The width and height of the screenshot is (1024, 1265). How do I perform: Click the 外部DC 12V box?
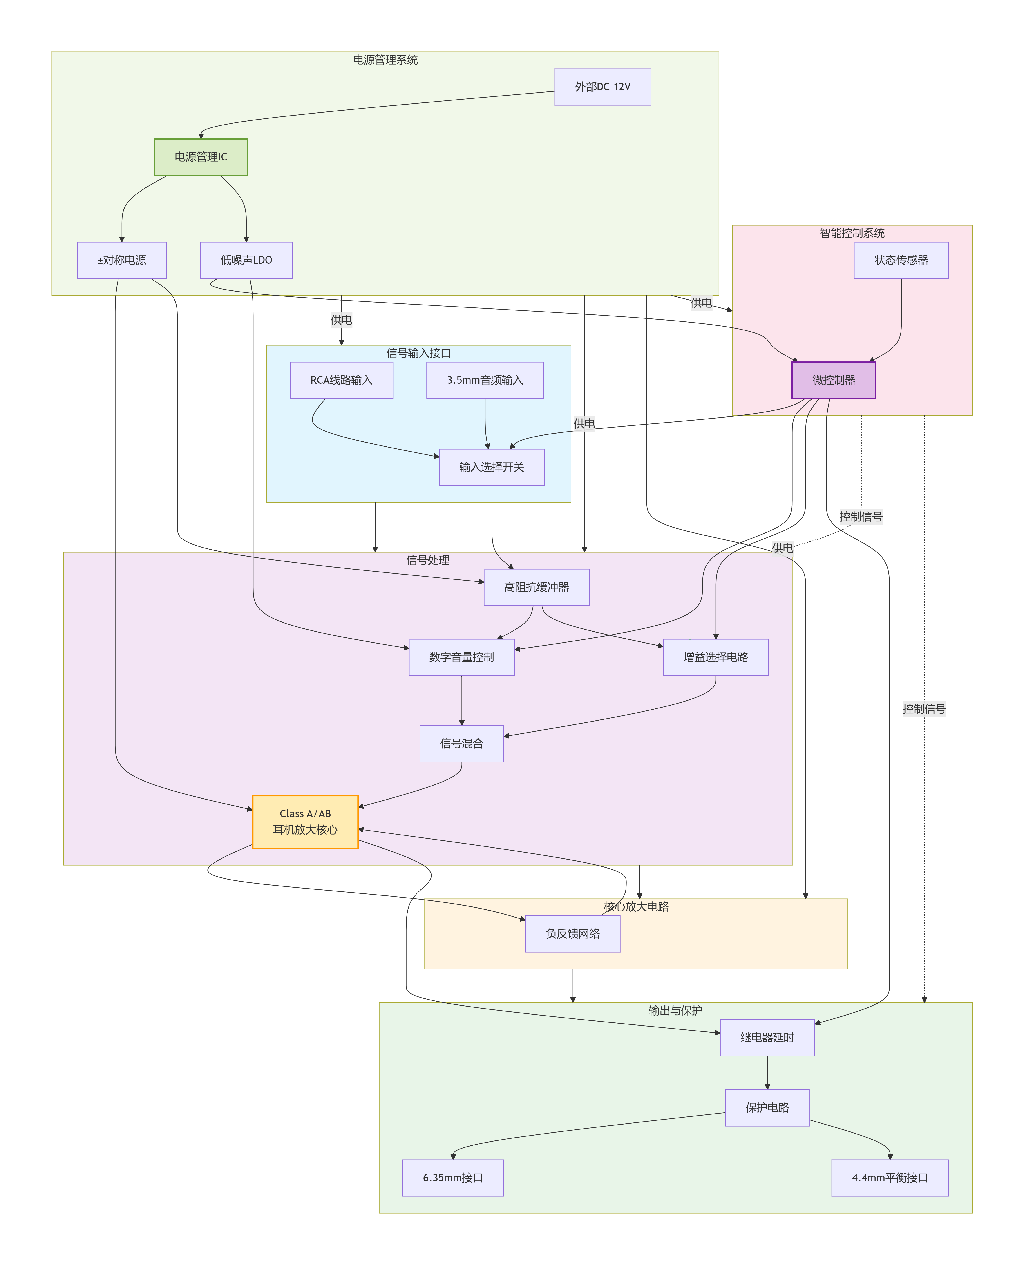click(x=602, y=87)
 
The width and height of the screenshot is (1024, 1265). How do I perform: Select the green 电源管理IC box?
click(x=201, y=157)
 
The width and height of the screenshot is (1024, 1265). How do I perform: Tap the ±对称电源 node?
click(x=121, y=260)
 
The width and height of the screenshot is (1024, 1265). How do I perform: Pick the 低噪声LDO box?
click(x=246, y=260)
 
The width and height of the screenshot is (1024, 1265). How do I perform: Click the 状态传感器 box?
click(x=901, y=260)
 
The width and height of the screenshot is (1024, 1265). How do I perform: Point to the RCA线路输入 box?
click(x=341, y=380)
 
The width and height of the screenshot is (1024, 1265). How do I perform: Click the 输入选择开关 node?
click(x=491, y=467)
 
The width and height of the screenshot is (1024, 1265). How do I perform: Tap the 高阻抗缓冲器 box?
click(x=536, y=587)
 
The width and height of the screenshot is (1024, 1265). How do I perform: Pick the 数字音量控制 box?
click(x=461, y=657)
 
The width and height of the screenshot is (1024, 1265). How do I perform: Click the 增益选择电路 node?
click(x=715, y=657)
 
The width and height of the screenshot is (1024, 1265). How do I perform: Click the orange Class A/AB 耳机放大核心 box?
click(x=305, y=822)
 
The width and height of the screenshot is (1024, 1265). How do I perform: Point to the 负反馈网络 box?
click(x=572, y=934)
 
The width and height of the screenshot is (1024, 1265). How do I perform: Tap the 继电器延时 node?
click(x=767, y=1038)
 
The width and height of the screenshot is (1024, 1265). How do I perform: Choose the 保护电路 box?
click(x=767, y=1108)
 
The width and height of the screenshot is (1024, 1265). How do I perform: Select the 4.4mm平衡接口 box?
click(x=890, y=1178)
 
